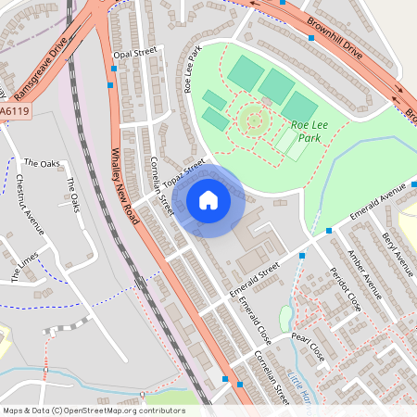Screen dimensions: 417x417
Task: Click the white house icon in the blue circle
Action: click(x=208, y=200)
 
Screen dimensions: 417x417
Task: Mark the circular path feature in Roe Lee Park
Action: click(x=252, y=119)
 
